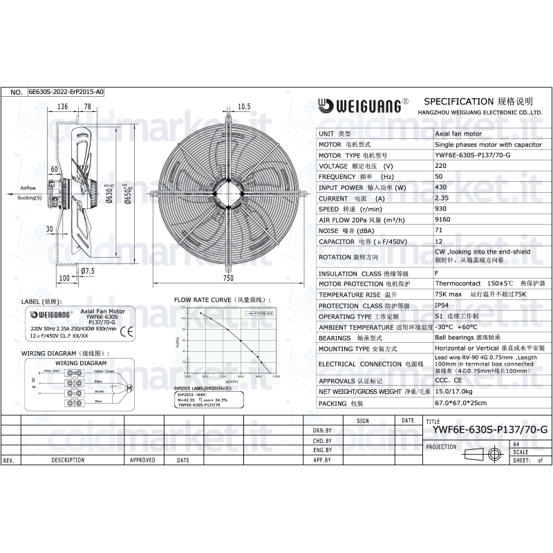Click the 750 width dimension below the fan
click(229, 278)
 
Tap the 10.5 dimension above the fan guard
click(243, 106)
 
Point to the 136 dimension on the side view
click(62, 106)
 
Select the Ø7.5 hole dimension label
click(88, 270)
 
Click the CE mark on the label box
click(127, 331)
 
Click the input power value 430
click(440, 187)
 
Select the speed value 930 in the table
click(440, 209)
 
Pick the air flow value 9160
click(443, 220)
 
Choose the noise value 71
click(438, 230)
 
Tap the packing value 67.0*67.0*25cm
click(460, 402)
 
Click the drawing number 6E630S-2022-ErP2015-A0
click(66, 91)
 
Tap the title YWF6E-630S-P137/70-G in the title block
click(489, 429)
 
